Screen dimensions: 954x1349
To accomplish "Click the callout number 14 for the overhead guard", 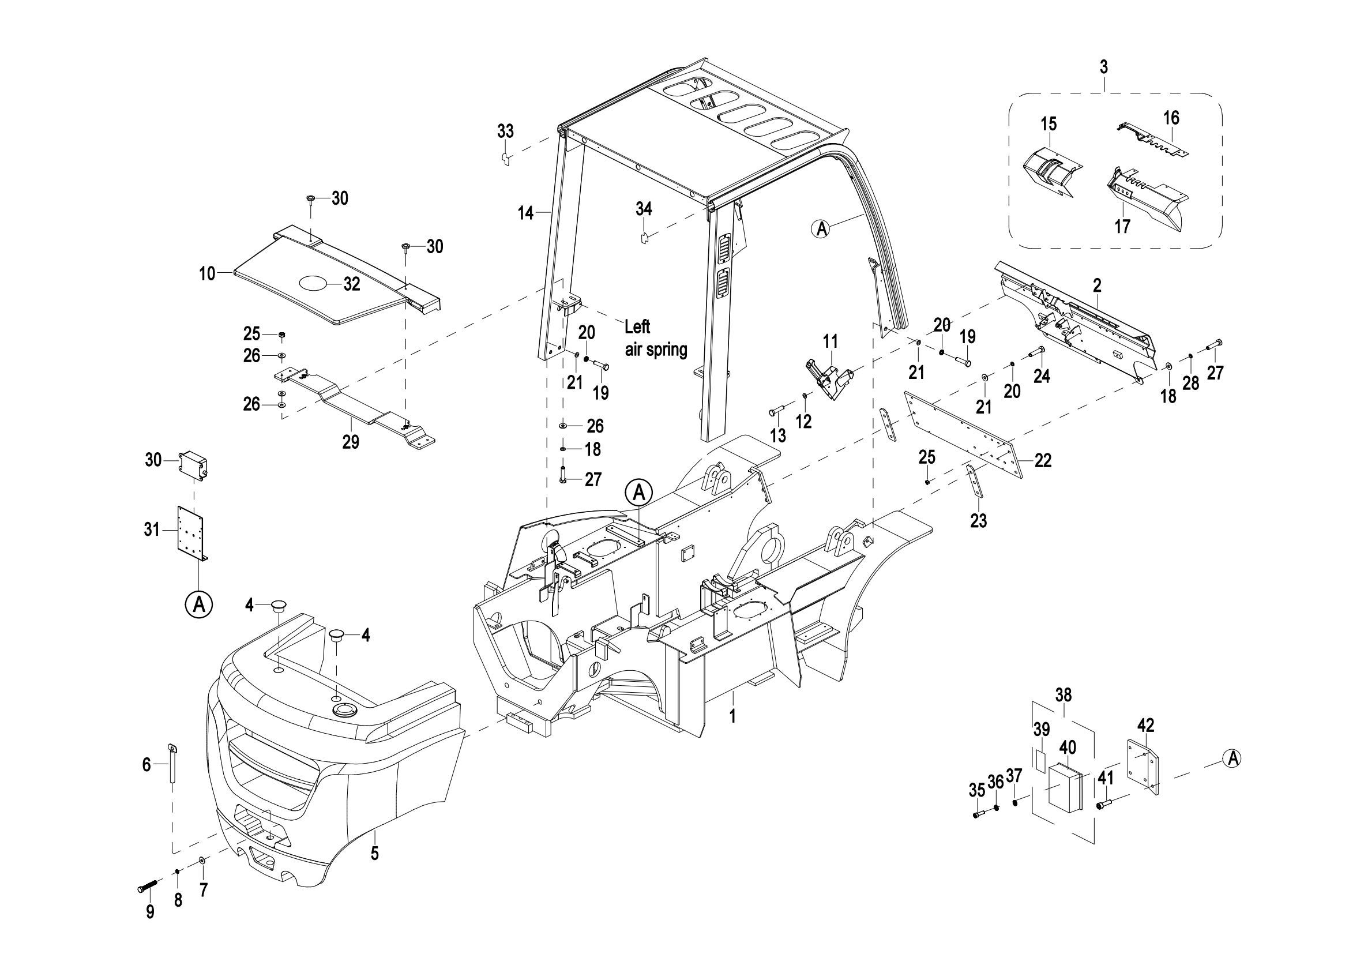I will pos(525,213).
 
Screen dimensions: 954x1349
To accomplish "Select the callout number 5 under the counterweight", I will pos(375,853).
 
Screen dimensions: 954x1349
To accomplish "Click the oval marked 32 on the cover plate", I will pos(315,283).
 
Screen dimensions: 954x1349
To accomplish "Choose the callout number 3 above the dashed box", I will pos(1103,67).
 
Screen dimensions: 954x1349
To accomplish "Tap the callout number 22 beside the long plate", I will pos(1043,460).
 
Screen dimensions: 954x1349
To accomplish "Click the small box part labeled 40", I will pos(1065,788).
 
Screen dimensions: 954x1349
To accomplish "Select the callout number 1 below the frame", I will pos(732,716).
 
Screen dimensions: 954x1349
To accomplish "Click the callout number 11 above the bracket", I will pos(829,341).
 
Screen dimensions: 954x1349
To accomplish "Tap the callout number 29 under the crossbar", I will pos(351,442).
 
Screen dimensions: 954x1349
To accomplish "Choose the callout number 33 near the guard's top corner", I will pos(505,132).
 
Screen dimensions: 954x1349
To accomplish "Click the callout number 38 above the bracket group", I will pos(1063,696).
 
